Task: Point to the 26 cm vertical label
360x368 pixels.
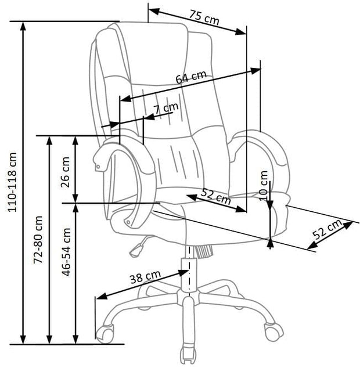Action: (65, 169)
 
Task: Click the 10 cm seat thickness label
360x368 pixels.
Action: (265, 183)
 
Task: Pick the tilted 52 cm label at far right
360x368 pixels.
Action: (327, 230)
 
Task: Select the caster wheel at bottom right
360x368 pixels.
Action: (272, 331)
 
